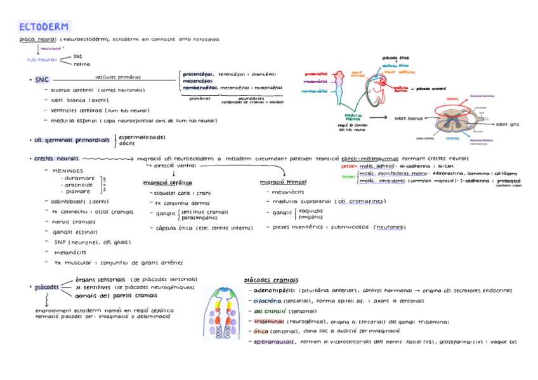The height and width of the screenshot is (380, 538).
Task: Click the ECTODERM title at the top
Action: click(x=43, y=27)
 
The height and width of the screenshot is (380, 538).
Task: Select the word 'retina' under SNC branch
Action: click(x=82, y=64)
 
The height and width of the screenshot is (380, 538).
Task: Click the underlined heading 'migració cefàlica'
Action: click(x=168, y=183)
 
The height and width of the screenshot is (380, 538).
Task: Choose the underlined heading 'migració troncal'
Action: click(x=283, y=183)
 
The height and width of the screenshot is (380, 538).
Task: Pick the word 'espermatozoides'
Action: click(x=142, y=136)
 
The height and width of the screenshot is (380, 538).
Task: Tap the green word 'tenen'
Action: click(x=348, y=176)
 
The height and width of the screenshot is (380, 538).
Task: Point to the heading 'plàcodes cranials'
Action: click(x=271, y=280)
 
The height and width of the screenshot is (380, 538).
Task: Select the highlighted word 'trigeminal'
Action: click(x=268, y=322)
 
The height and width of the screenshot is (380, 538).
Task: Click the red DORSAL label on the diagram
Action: click(x=452, y=99)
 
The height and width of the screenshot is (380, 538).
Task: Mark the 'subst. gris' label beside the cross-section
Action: click(x=507, y=124)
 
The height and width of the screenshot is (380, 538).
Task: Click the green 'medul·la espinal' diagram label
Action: click(x=353, y=117)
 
